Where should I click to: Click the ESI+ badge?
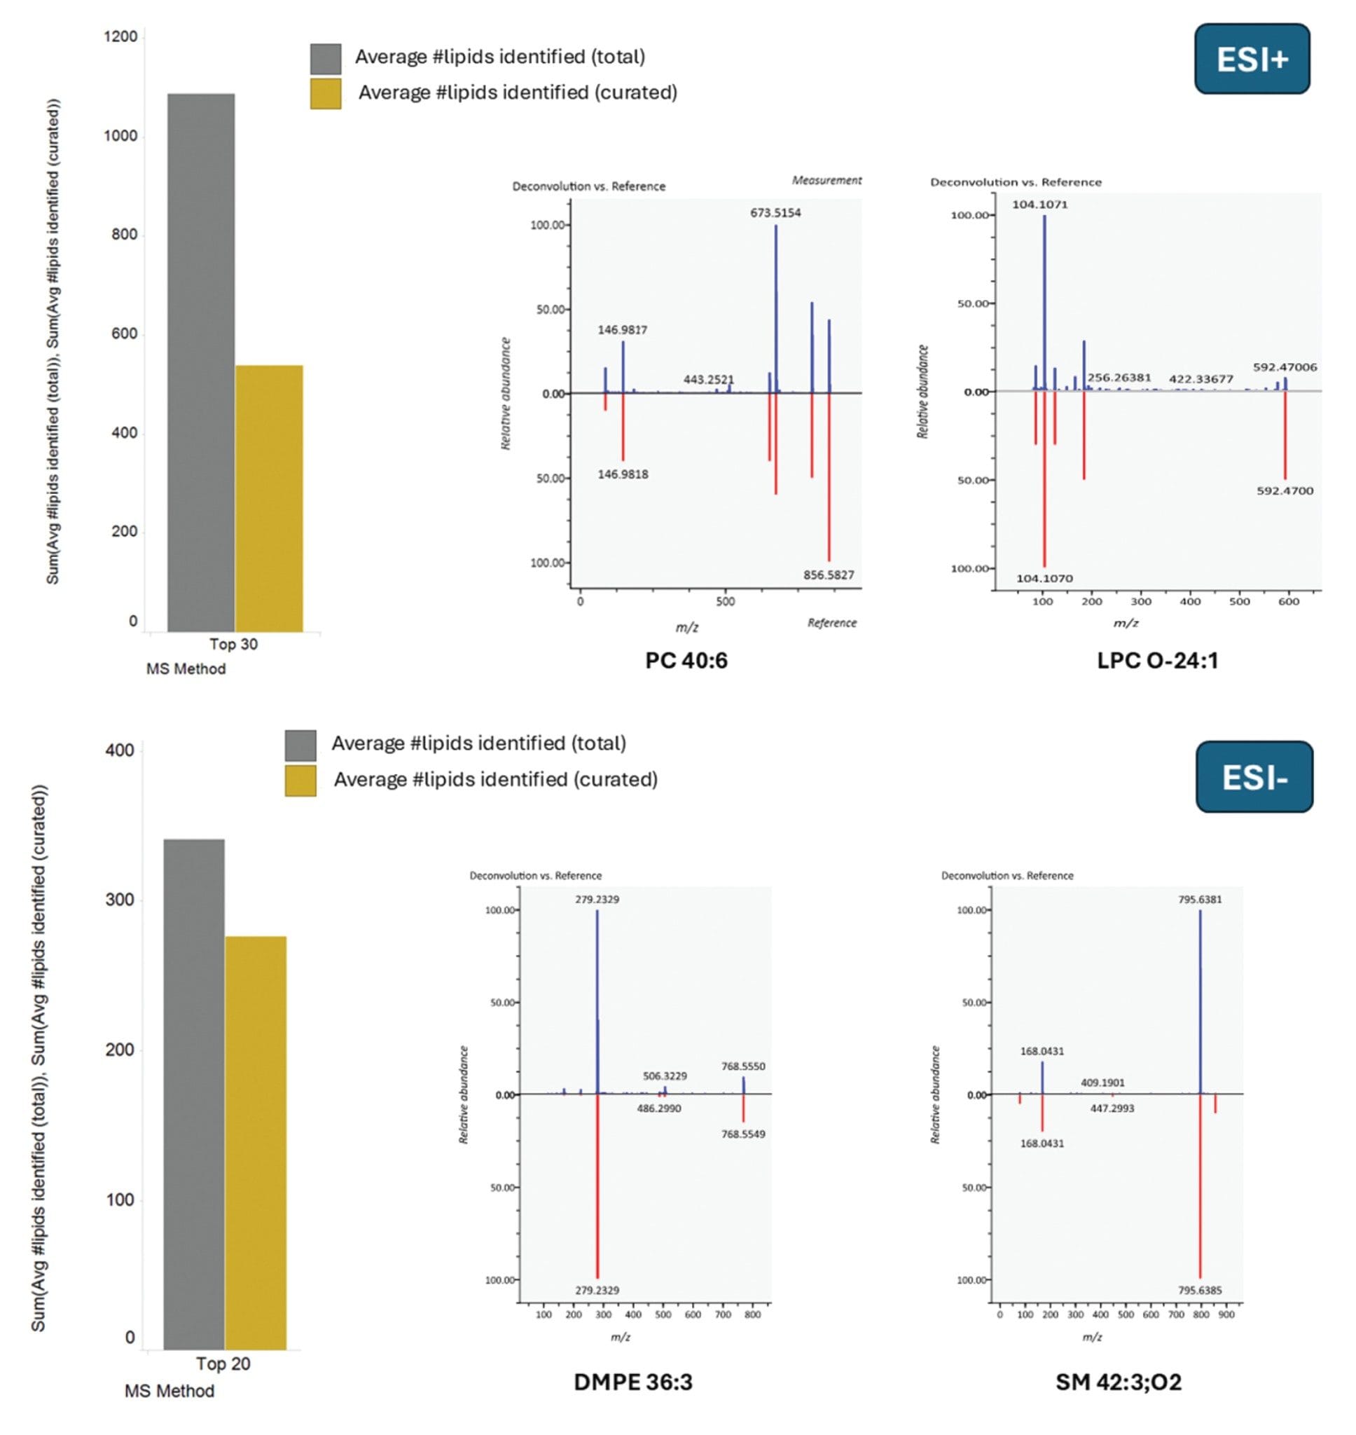pos(1251,60)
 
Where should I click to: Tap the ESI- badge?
pos(1254,777)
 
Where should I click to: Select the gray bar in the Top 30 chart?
pos(201,362)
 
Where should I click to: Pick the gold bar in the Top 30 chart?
pos(269,499)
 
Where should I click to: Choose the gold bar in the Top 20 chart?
pos(255,1142)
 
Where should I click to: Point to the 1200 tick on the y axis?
pos(120,37)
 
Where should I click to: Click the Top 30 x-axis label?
pos(233,644)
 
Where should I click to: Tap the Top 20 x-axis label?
pos(223,1364)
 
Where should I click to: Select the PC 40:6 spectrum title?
pos(686,660)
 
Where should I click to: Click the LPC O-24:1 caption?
pos(1157,660)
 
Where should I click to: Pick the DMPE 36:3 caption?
pos(632,1382)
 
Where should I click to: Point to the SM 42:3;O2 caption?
pos(1118,1382)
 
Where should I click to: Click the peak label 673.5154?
pos(775,213)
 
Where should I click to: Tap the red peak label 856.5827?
pos(829,575)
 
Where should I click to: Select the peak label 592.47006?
pos(1285,367)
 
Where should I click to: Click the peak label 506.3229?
pos(664,1076)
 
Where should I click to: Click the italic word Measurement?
pos(826,180)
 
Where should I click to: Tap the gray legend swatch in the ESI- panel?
pos(300,746)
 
